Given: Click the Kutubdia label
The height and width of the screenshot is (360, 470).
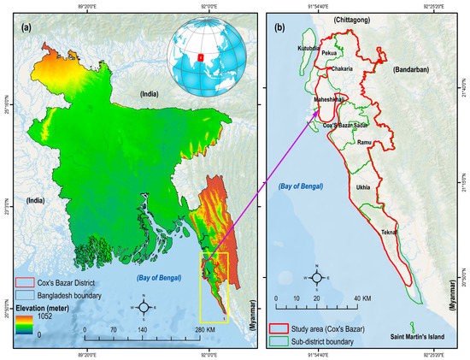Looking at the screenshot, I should click(308, 49).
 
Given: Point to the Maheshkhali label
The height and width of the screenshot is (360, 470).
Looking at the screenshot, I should click(331, 99).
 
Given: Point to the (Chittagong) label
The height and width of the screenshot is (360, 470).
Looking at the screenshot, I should click(360, 18).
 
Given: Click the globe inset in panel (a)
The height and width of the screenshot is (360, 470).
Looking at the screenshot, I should click(203, 56).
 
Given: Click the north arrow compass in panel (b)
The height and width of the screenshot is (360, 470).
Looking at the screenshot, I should click(317, 276).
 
